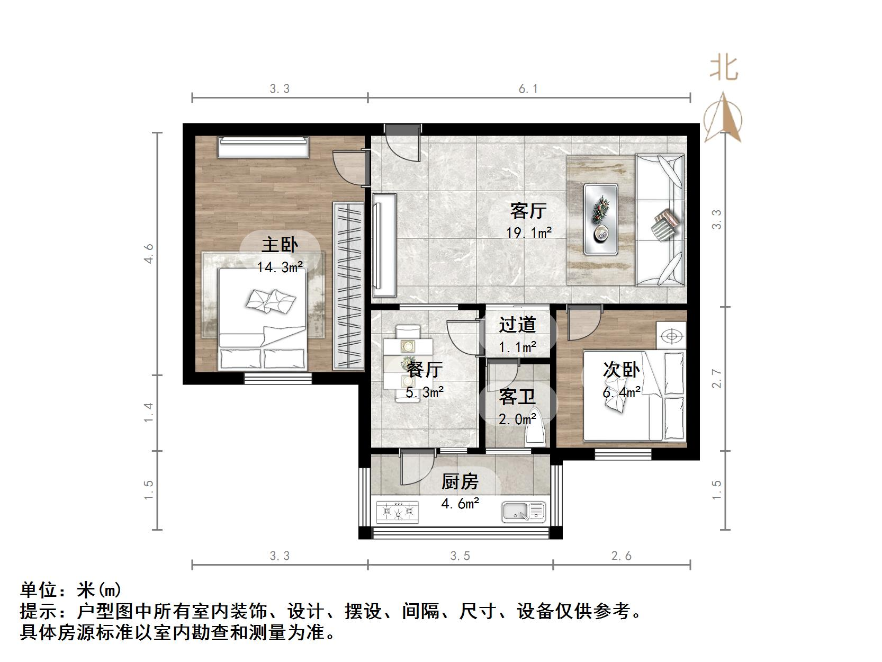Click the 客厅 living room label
coord(528,211)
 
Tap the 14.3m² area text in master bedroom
coord(280,267)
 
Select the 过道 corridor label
coord(517,325)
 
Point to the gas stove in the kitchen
coord(397,512)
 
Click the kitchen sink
coord(523,512)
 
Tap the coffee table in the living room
coord(601,219)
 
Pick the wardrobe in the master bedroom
coord(348,286)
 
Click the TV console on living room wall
coord(384,245)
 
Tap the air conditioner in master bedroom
coord(264,147)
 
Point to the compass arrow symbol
coord(723,119)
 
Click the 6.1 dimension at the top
coord(528,89)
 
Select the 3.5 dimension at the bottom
coord(460,556)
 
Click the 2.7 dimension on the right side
coord(716,378)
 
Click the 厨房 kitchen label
coord(460,481)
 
